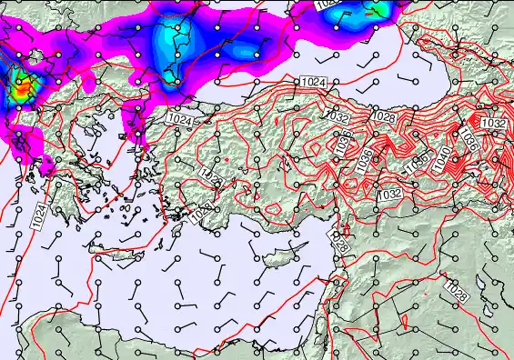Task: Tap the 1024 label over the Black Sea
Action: pos(313,83)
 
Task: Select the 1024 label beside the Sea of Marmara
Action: pos(179,119)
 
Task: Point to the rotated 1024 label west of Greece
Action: pos(39,216)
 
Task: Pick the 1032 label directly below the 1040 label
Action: pos(389,195)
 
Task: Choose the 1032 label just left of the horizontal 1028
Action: pos(338,116)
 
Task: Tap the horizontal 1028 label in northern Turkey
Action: pos(383,116)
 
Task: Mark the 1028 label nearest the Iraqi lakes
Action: pos(457,293)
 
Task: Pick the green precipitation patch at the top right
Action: pos(376,10)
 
